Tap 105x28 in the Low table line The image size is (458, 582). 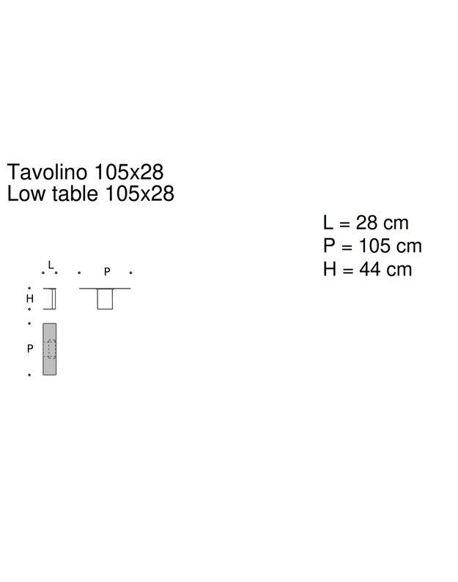140,194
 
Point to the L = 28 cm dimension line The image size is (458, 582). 365,222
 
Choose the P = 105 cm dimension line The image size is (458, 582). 372,246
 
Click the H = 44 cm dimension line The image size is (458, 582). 367,269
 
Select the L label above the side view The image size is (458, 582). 50,264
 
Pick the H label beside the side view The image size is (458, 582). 30,299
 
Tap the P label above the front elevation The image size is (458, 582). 106,272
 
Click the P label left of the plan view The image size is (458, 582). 30,349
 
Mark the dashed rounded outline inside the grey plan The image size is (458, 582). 51,348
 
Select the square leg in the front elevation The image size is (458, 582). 106,299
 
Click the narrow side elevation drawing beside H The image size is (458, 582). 52,299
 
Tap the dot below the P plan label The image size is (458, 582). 29,375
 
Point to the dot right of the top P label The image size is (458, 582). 130,272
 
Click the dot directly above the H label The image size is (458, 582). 29,288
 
